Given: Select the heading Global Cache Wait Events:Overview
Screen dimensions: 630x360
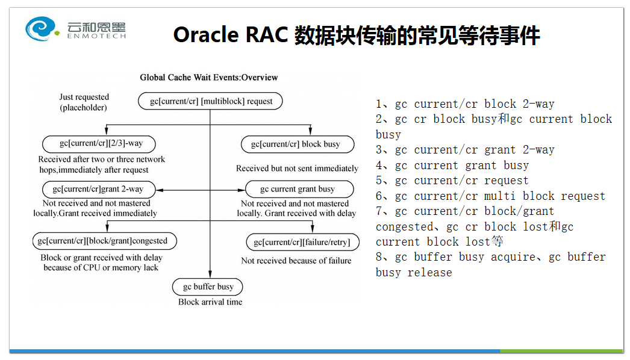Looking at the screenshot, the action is [209, 78].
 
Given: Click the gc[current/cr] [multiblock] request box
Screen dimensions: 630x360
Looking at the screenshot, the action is [210, 101].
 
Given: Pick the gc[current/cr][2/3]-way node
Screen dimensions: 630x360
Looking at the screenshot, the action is [99, 143].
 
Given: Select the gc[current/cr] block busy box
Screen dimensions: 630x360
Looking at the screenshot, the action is [298, 144].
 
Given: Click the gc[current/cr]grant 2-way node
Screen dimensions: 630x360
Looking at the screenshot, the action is [99, 189].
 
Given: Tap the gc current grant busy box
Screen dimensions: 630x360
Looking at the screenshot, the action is [299, 189].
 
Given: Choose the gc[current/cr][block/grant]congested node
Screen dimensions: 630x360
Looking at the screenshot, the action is [104, 241].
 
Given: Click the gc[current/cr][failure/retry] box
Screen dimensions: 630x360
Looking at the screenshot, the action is [302, 242].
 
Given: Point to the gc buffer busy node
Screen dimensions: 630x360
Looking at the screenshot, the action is [208, 287].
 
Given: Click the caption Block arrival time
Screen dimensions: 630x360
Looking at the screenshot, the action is [210, 302].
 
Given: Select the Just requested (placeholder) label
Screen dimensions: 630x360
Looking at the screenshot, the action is [84, 102].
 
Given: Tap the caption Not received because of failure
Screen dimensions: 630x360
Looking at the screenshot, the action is [296, 261].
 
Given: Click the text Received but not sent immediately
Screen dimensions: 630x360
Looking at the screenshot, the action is [297, 169].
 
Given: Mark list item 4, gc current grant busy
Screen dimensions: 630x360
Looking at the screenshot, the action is [452, 165].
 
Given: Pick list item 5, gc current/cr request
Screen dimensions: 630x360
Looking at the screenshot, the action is [452, 181].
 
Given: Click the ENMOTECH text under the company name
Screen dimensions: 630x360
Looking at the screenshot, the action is [96, 36].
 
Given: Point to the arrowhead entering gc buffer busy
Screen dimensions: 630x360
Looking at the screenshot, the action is [210, 275].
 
